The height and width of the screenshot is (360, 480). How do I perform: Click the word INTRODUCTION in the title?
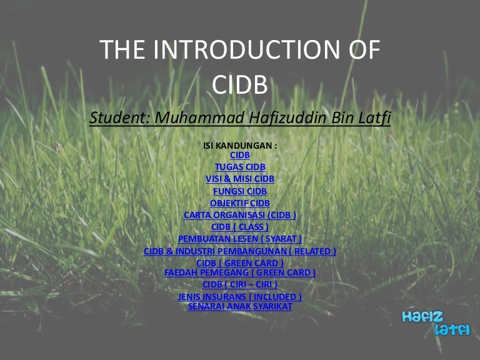pyautogui.click(x=247, y=49)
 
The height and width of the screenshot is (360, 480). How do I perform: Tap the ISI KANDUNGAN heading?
pyautogui.click(x=240, y=146)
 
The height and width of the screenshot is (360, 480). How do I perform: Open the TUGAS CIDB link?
pyautogui.click(x=240, y=167)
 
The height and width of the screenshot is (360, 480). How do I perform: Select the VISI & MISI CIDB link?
pyautogui.click(x=240, y=179)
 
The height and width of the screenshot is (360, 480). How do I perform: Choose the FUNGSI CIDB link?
pyautogui.click(x=240, y=191)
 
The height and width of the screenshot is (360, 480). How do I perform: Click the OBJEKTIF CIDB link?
pyautogui.click(x=240, y=203)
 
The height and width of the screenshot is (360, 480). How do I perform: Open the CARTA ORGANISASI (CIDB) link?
pyautogui.click(x=240, y=215)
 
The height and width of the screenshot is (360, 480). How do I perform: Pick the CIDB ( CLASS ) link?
pyautogui.click(x=240, y=227)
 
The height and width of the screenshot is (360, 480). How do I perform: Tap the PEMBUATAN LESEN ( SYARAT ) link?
pyautogui.click(x=240, y=239)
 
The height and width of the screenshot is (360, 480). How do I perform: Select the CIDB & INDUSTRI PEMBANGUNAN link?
pyautogui.click(x=240, y=251)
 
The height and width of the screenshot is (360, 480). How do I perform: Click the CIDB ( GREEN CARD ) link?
pyautogui.click(x=240, y=263)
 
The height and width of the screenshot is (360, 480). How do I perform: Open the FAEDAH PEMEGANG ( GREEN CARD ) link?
pyautogui.click(x=240, y=272)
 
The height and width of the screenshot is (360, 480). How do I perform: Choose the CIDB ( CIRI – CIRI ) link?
pyautogui.click(x=240, y=284)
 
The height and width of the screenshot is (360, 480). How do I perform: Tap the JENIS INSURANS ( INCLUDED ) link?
pyautogui.click(x=240, y=297)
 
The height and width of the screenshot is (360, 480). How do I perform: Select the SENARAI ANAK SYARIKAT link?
pyautogui.click(x=240, y=306)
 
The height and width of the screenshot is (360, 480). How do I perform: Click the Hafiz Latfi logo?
pyautogui.click(x=436, y=323)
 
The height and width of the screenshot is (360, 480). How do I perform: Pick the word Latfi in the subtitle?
pyautogui.click(x=374, y=117)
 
